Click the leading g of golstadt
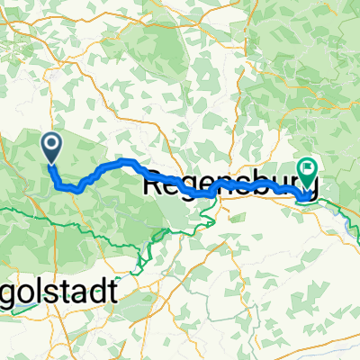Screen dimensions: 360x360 pos(8,293)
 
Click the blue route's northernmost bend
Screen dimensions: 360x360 pos(126,161)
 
